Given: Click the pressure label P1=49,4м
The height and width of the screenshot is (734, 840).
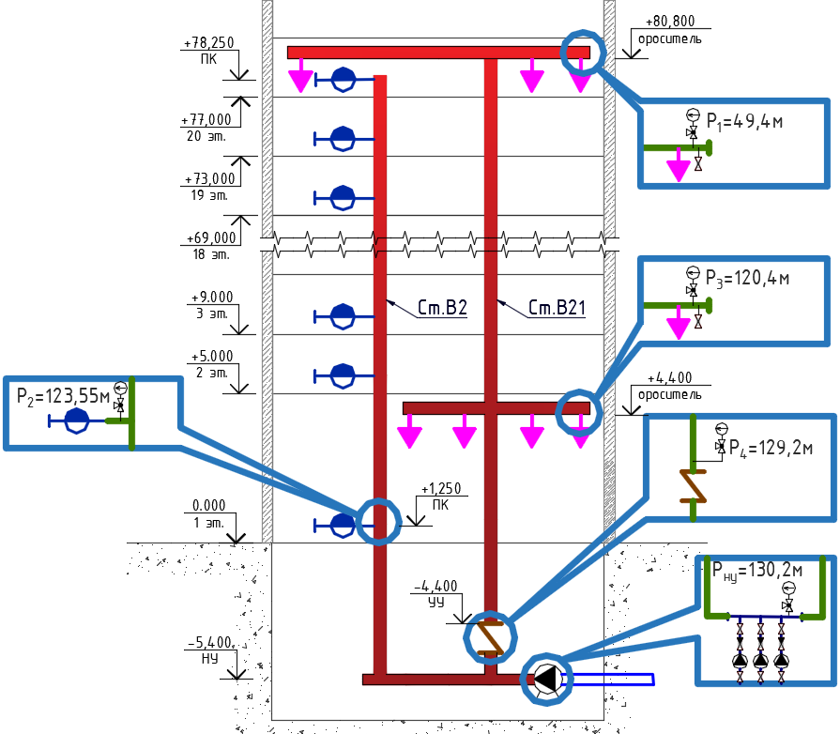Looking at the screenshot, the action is [x=744, y=122].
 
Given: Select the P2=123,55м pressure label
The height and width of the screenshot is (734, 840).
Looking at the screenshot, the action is [x=63, y=396].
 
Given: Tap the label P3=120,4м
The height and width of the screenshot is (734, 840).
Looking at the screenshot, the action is [x=747, y=279].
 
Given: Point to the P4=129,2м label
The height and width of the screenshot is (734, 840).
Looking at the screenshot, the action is [x=771, y=448].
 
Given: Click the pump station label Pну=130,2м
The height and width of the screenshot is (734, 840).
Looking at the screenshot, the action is [x=757, y=571].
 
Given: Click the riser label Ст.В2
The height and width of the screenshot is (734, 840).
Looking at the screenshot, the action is [x=442, y=308].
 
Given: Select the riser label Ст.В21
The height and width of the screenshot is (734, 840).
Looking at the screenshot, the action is [x=557, y=308].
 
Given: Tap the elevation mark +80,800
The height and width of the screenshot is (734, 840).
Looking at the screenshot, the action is [x=670, y=21].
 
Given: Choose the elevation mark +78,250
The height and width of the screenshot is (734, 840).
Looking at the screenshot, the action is [x=209, y=42].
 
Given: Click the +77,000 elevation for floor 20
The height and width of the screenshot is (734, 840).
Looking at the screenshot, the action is [x=206, y=119].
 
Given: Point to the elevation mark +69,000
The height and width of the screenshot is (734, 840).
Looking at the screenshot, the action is [x=211, y=237].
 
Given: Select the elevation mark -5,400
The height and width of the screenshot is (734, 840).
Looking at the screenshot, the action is [x=210, y=642].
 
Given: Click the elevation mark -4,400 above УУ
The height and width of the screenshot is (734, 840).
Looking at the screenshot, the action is [x=435, y=586].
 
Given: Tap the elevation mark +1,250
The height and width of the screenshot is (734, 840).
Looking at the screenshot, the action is [x=441, y=489].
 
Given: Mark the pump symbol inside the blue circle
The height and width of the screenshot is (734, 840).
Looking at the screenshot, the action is [x=546, y=679].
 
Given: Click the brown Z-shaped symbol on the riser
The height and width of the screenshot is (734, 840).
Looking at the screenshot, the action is [x=490, y=637].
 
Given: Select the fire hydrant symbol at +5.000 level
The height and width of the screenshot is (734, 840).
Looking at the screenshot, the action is [x=343, y=376].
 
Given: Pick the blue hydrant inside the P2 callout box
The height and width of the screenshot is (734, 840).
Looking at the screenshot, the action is [x=77, y=421].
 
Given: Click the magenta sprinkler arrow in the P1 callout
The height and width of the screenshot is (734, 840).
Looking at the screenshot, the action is [x=679, y=165].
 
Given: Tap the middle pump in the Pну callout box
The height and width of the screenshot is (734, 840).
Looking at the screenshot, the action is [x=761, y=660].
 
